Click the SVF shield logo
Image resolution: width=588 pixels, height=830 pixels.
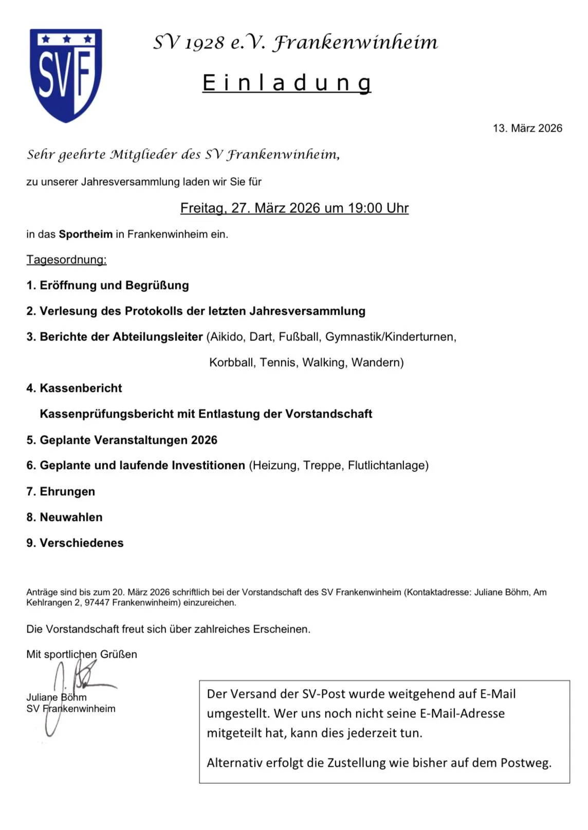(x=66, y=75)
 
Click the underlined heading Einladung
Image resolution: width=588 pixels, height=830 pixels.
(x=286, y=83)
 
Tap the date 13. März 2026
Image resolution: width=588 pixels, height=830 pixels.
(x=527, y=128)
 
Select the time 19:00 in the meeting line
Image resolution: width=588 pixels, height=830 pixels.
(x=365, y=208)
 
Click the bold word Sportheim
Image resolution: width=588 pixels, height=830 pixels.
(x=85, y=234)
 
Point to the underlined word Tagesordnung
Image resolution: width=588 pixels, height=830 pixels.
(x=66, y=260)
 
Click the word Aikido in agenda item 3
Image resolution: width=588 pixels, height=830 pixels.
(x=226, y=337)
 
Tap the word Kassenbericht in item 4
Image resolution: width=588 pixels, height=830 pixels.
(x=81, y=388)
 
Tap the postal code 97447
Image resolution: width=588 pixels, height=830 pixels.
(x=97, y=603)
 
